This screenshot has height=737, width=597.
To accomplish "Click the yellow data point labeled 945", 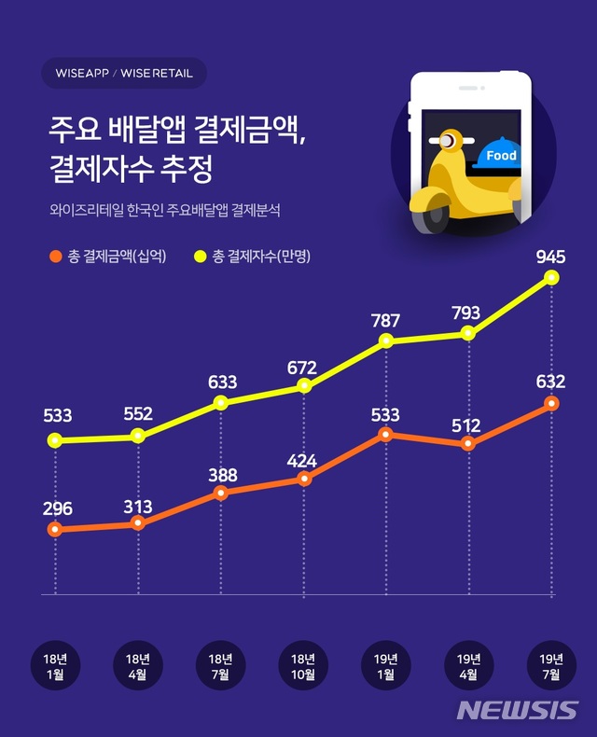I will pyautogui.click(x=552, y=278).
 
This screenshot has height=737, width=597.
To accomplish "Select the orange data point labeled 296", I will pyautogui.click(x=55, y=530).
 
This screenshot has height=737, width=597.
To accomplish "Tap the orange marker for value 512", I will pyautogui.click(x=469, y=444).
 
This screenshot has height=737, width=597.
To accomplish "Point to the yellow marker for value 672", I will pyautogui.click(x=304, y=386).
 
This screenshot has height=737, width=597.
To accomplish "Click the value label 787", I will pyautogui.click(x=385, y=321).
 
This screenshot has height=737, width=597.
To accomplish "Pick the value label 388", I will pyautogui.click(x=222, y=475).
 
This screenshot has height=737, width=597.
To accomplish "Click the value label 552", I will pyautogui.click(x=138, y=414).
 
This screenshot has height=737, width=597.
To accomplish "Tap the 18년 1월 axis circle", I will pyautogui.click(x=56, y=665).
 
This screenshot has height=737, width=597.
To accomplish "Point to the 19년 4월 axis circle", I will pyautogui.click(x=469, y=665).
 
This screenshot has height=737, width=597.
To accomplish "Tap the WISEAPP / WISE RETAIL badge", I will pyautogui.click(x=124, y=73).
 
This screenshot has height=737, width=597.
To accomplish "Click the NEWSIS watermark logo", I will pyautogui.click(x=517, y=710).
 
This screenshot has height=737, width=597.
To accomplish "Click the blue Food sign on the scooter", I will pyautogui.click(x=501, y=156).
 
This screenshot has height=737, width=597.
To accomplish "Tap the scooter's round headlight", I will pyautogui.click(x=450, y=142).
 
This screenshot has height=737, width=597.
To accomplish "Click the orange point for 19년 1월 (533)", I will pyautogui.click(x=385, y=435).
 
